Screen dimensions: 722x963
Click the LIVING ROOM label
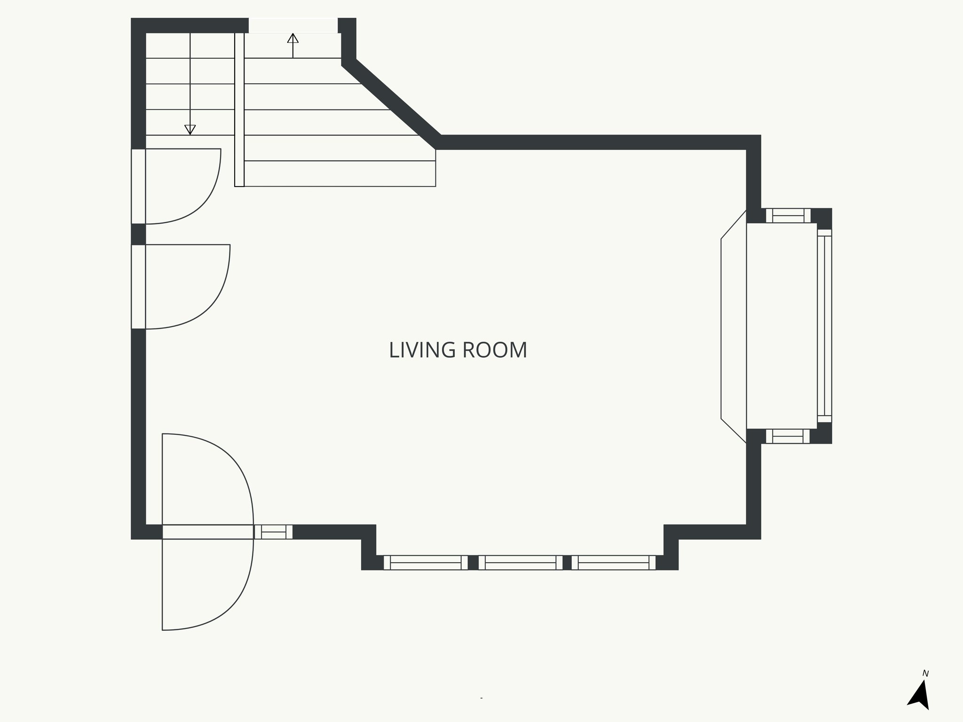click(458, 350)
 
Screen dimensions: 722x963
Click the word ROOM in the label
click(495, 350)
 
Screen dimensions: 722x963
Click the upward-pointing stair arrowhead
click(293, 38)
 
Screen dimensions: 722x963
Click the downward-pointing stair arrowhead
click(190, 130)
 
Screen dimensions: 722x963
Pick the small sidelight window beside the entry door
click(273, 532)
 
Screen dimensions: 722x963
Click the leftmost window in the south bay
click(426, 563)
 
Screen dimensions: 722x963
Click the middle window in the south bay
click(521, 563)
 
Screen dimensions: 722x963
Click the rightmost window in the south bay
click(614, 563)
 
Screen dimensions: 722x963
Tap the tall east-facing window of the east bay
click(824, 326)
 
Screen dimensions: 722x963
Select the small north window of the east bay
click(788, 216)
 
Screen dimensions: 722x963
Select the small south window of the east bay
click(788, 436)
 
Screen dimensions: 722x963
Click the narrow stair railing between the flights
click(239, 110)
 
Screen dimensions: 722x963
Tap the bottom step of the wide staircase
click(339, 173)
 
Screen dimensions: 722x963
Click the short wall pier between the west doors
click(138, 234)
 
